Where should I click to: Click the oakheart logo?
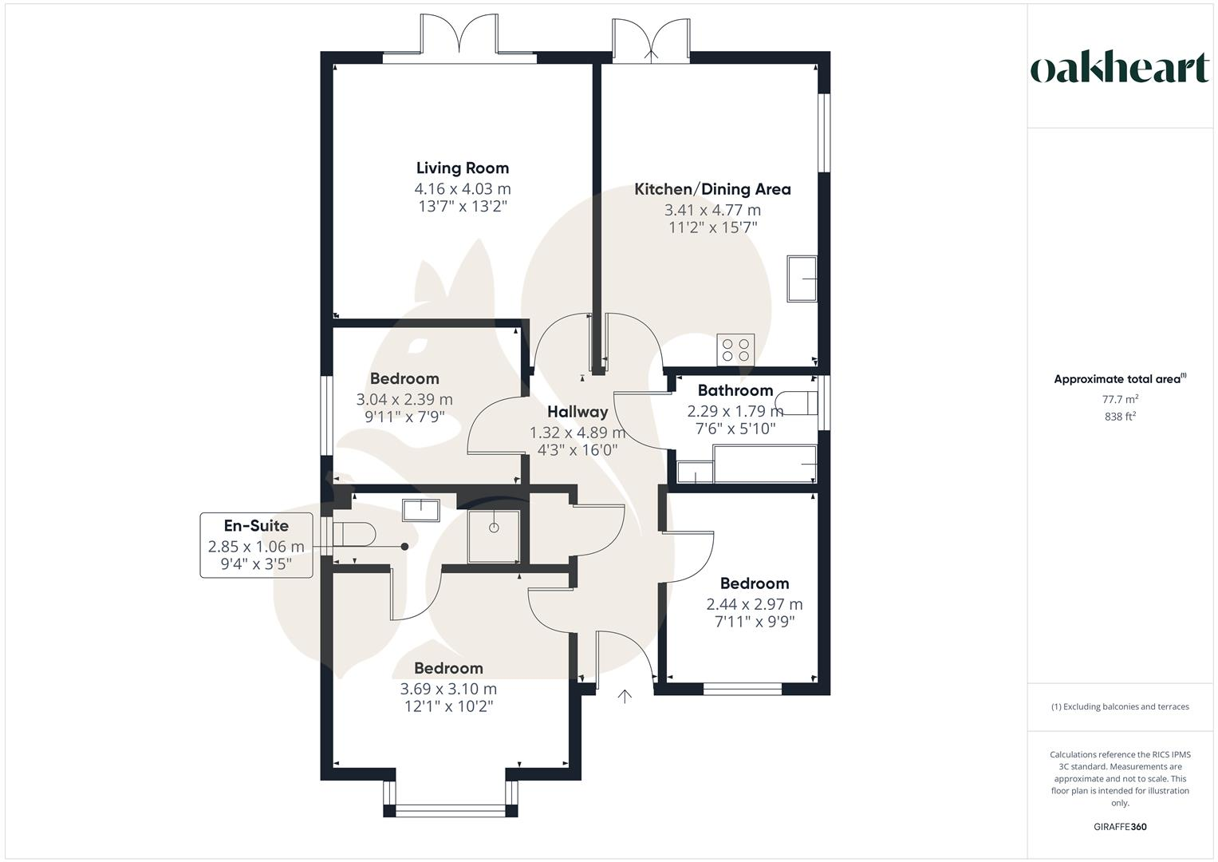pos(1119,69)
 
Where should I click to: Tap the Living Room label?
pos(462,168)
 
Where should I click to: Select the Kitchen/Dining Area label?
pos(712,189)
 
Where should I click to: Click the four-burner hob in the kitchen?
pos(735,349)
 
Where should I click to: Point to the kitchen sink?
pos(802,279)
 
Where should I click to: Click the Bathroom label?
pos(735,390)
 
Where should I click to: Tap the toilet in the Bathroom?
pos(798,403)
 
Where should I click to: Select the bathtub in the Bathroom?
pos(764,465)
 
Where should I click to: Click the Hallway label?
pos(577,412)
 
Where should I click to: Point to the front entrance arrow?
pos(625,696)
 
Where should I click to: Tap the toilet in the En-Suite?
pos(352,534)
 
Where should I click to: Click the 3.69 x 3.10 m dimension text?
pos(448,689)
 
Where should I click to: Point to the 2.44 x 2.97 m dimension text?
pos(754,604)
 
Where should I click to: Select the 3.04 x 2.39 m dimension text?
pos(404,399)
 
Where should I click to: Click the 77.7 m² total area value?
pos(1120,398)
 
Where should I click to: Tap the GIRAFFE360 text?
pos(1119,827)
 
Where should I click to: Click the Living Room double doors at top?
pos(460,36)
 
